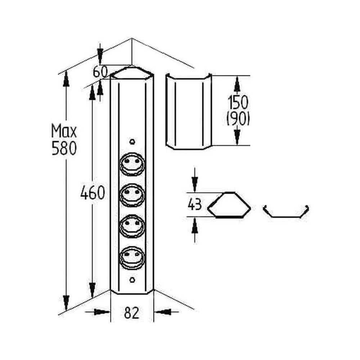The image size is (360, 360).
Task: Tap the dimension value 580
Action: pyautogui.click(x=64, y=148)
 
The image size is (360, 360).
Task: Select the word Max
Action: pyautogui.click(x=64, y=131)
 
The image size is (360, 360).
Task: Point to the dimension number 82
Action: pyautogui.click(x=132, y=313)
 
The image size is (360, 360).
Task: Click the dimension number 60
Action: pyautogui.click(x=100, y=72)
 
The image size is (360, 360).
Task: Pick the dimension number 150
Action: pyautogui.click(x=238, y=102)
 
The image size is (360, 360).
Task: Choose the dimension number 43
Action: pyautogui.click(x=195, y=204)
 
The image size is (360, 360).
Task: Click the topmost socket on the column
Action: pyautogui.click(x=132, y=164)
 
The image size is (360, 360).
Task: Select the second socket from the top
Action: pyautogui.click(x=132, y=195)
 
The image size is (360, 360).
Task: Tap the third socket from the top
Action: pyautogui.click(x=132, y=226)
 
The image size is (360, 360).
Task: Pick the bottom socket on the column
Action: pyautogui.click(x=132, y=257)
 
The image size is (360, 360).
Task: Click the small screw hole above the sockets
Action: pyautogui.click(x=132, y=141)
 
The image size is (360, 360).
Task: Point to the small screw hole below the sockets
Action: pyautogui.click(x=132, y=280)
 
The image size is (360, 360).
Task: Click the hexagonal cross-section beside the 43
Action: pyautogui.click(x=229, y=205)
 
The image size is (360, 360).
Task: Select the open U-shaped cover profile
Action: pyautogui.click(x=286, y=211)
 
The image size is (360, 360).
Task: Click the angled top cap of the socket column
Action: pyautogui.click(x=132, y=73)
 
